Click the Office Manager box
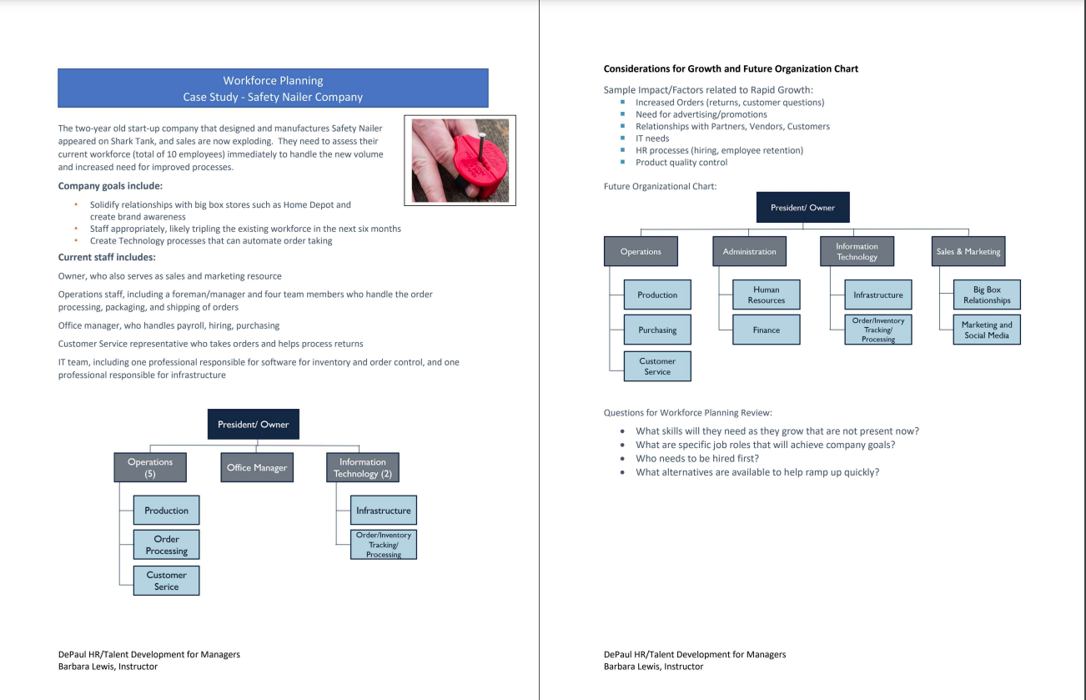pyautogui.click(x=257, y=467)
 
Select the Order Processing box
pyautogui.click(x=167, y=545)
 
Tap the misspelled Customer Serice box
pyautogui.click(x=167, y=581)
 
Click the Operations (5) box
pyautogui.click(x=150, y=467)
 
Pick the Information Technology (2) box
pyautogui.click(x=362, y=467)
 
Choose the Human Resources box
pyautogui.click(x=766, y=295)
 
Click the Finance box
pyautogui.click(x=766, y=330)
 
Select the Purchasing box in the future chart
pyautogui.click(x=657, y=330)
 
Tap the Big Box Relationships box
pyautogui.click(x=987, y=295)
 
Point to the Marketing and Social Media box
pyautogui.click(x=987, y=330)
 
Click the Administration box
pyautogui.click(x=749, y=251)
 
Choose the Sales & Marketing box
pyautogui.click(x=968, y=251)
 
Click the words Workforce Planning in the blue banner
pyautogui.click(x=273, y=81)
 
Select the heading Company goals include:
pyautogui.click(x=110, y=186)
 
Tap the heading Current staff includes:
pyautogui.click(x=107, y=258)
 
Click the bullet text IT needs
pyautogui.click(x=652, y=138)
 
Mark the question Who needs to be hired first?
pyautogui.click(x=697, y=458)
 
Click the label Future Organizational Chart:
pyautogui.click(x=660, y=187)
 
